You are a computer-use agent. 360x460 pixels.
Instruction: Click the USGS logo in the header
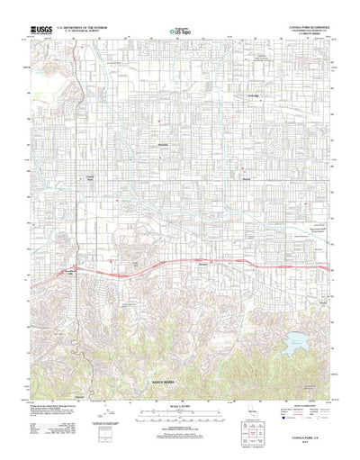click(x=42, y=30)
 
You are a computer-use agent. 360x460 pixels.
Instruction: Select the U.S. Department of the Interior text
click(x=84, y=28)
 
